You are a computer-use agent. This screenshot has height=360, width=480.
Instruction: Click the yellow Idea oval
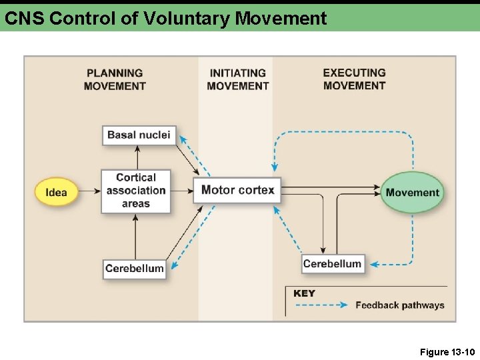pos(56,192)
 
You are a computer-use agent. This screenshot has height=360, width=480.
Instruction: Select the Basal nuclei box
pos(139,135)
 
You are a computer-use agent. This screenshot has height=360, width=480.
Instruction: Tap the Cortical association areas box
pos(136,191)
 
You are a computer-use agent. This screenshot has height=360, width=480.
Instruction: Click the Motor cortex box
pos(237,190)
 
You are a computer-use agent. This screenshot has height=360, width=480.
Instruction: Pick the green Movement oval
pos(412,193)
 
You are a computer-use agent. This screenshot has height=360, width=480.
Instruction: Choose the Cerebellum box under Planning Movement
pos(134,269)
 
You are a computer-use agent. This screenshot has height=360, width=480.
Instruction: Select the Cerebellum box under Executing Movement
pos(332,264)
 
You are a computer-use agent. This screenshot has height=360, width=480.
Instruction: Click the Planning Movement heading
pos(115,79)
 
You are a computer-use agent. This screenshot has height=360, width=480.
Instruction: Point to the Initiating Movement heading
pos(237,79)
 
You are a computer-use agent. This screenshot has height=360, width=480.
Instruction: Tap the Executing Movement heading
pos(354,79)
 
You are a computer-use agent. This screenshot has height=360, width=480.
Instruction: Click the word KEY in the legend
pos(304,293)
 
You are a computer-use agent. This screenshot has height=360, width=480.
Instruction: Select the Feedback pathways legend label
pos(399,305)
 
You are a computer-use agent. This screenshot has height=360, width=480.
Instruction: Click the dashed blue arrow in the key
pos(321,305)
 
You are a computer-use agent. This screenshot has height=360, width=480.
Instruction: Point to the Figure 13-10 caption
pos(447,351)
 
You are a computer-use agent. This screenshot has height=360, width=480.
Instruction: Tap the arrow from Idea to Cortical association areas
pos(89,192)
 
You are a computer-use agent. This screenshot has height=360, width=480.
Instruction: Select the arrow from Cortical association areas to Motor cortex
pos(182,191)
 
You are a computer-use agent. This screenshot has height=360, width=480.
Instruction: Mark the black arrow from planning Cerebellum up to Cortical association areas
pos(135,236)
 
